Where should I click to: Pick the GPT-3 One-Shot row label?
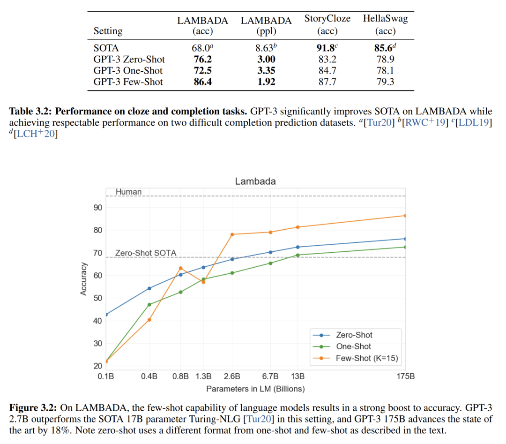tap(128, 70)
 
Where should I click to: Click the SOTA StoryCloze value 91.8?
tap(327, 48)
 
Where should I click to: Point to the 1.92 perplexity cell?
tap(266, 82)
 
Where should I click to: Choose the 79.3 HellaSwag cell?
tap(385, 82)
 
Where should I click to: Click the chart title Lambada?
tap(255, 181)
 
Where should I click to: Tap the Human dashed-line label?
tap(128, 192)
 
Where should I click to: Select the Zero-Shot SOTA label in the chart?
tap(146, 253)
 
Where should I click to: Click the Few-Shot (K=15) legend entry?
tap(366, 359)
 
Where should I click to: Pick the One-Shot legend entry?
tap(353, 346)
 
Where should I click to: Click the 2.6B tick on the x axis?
tap(232, 376)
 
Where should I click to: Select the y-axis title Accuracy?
tap(84, 278)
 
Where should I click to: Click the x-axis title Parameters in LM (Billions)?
tap(255, 389)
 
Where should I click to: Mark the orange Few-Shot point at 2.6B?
tap(232, 234)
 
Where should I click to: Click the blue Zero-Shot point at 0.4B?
tap(149, 288)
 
